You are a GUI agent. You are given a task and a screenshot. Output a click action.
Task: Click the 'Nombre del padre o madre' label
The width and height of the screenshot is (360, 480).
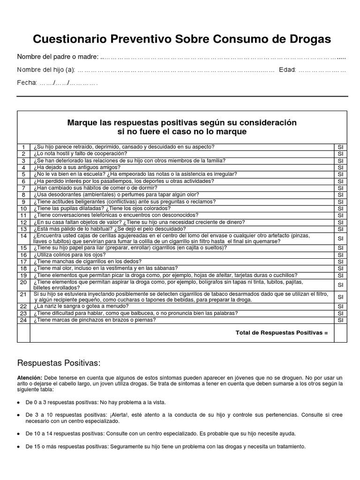58,57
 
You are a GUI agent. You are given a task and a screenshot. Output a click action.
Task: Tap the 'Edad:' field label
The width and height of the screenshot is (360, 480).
287,70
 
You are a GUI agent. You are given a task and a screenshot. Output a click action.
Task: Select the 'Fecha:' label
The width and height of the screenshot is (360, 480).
27,83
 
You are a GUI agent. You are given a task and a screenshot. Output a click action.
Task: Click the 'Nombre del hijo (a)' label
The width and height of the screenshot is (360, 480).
46,70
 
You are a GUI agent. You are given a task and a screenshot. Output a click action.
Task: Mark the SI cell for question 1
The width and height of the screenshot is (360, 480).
340,147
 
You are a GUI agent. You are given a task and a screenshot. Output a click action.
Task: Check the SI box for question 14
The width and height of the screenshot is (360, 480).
340,238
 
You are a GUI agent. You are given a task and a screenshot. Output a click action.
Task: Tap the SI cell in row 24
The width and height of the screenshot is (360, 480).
340,320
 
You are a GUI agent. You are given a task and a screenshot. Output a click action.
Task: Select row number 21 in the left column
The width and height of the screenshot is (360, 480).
23,294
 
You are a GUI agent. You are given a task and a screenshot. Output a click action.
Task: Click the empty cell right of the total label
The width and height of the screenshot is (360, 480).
340,333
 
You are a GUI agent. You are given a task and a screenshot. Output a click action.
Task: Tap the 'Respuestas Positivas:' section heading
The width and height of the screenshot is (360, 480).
59,363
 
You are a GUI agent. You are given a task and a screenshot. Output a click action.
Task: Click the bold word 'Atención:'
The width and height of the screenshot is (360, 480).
30,377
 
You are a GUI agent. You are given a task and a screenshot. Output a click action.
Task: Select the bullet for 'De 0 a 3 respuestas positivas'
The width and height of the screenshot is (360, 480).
18,403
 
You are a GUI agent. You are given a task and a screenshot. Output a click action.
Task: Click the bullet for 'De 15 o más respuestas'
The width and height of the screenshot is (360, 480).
18,447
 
